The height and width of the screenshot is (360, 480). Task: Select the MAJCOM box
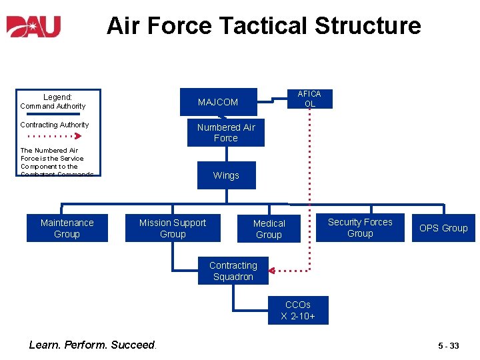point(217,102)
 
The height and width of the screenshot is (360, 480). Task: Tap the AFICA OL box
point(309,99)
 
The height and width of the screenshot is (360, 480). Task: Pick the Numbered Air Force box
point(225,133)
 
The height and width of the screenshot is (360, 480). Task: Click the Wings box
point(226,175)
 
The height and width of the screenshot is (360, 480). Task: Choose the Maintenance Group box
point(67,228)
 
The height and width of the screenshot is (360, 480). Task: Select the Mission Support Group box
point(173,228)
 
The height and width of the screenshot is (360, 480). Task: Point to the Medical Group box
point(269,229)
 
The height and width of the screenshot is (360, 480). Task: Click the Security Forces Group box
point(360,227)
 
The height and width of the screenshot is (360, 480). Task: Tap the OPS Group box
point(443,228)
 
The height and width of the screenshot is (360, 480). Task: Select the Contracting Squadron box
point(233,271)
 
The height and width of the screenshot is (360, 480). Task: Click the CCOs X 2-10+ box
point(298,311)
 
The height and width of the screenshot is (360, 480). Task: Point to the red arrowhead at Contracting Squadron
point(281,271)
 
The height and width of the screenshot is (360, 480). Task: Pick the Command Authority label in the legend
point(53,106)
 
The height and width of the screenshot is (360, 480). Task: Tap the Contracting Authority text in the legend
point(54,125)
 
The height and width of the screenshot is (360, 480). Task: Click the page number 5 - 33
point(448,345)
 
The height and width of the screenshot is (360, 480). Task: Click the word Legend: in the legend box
point(57,97)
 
